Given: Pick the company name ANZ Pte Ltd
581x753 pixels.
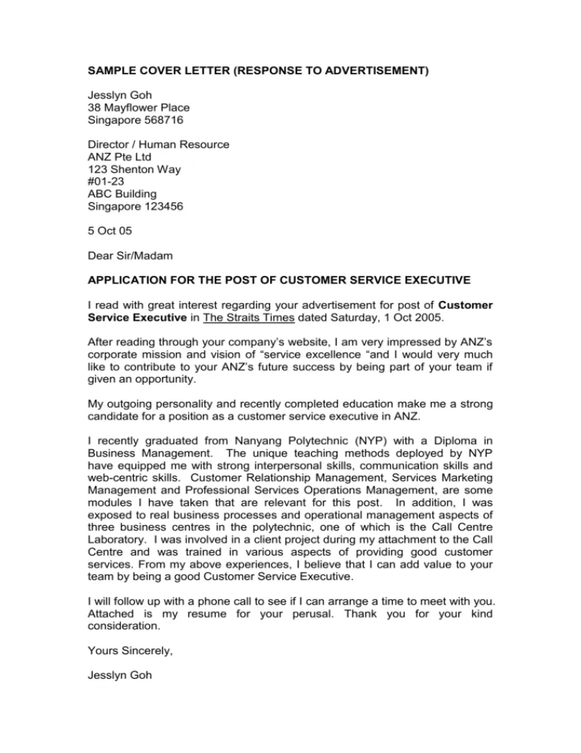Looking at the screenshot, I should coord(123,157).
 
